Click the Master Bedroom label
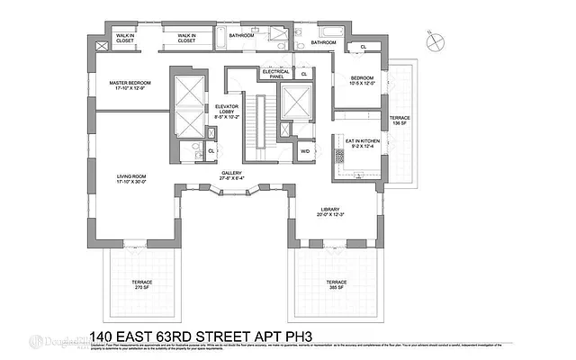pos(130,85)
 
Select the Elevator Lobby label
pos(227,111)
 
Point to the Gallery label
pos(235,175)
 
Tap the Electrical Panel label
pos(275,75)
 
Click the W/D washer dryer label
pos(304,150)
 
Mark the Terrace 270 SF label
pos(141,285)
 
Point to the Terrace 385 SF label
pos(336,285)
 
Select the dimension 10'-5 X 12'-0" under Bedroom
pos(367,85)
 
